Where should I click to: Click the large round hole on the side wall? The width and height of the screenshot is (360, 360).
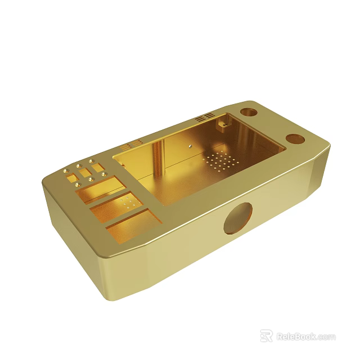click(x=238, y=218)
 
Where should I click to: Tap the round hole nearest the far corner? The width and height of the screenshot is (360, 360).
click(x=249, y=111)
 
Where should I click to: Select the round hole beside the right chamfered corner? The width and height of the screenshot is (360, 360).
click(x=295, y=138)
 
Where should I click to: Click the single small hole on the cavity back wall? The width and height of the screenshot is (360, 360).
click(x=191, y=146)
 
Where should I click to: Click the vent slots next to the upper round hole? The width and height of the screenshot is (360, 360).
click(x=205, y=118)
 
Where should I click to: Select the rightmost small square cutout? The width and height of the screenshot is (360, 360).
click(x=98, y=167)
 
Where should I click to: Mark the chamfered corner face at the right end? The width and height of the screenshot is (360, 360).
click(x=318, y=169)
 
